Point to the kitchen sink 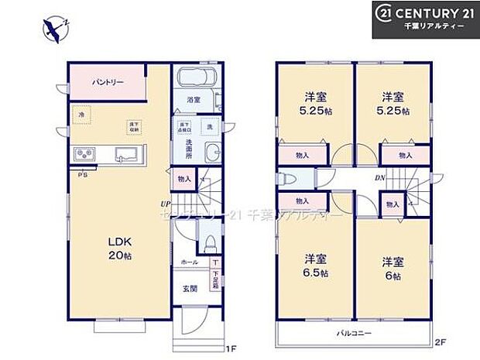pos(126,153)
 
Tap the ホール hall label pos(188,263)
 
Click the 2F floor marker pos(440,341)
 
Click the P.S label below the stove pos(81,176)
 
